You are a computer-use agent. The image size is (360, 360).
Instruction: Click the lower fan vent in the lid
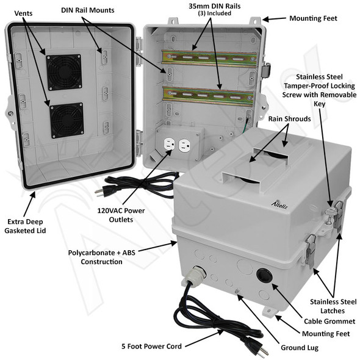coord(67,119)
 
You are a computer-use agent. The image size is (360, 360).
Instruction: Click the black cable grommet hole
coord(264,275)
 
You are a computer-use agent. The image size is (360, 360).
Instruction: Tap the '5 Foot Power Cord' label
coord(151,347)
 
